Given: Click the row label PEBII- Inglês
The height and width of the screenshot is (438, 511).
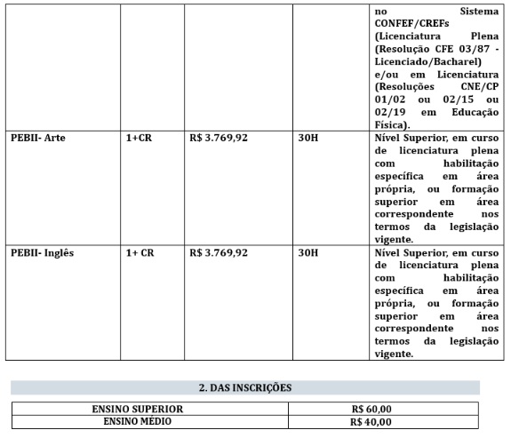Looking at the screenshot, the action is pos(43,252).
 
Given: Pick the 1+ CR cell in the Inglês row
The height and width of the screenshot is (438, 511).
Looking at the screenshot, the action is pos(140,252).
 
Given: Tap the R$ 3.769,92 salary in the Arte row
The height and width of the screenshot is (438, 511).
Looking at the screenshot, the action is pos(219,139).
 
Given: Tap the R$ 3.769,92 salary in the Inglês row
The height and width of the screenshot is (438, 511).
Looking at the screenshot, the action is pos(219,252).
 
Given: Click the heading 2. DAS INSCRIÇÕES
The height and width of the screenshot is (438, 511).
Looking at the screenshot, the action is pos(245,387).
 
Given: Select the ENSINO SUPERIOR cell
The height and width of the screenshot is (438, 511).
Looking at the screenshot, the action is pos(149,409).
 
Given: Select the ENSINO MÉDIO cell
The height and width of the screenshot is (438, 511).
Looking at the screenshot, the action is pos(149,421).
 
